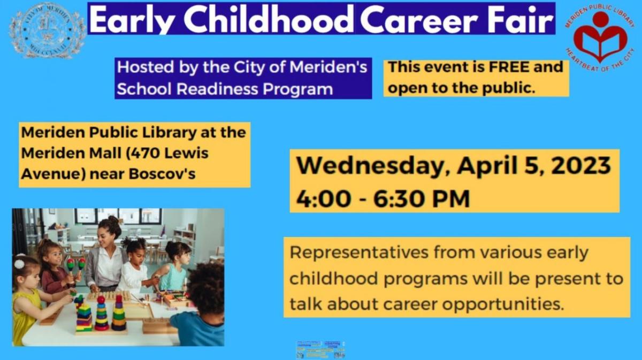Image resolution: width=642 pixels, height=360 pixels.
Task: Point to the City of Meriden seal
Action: [x=47, y=30]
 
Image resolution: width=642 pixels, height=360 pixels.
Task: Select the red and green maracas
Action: [x=75, y=264]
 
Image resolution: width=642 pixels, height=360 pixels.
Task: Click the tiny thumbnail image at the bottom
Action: [x=320, y=349]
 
